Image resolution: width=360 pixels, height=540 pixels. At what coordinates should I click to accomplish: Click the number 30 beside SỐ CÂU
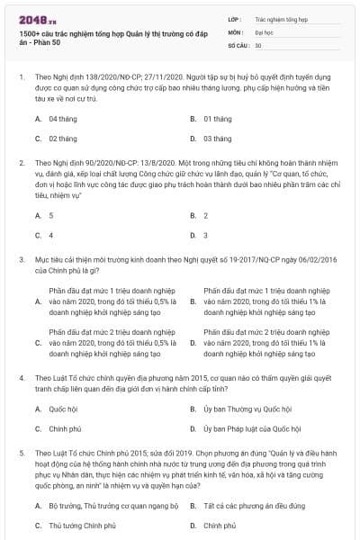[x=258, y=44]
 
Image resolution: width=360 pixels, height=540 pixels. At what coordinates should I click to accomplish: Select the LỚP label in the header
[x=235, y=17]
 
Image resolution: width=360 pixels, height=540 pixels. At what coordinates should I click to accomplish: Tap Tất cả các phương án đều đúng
[x=256, y=505]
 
